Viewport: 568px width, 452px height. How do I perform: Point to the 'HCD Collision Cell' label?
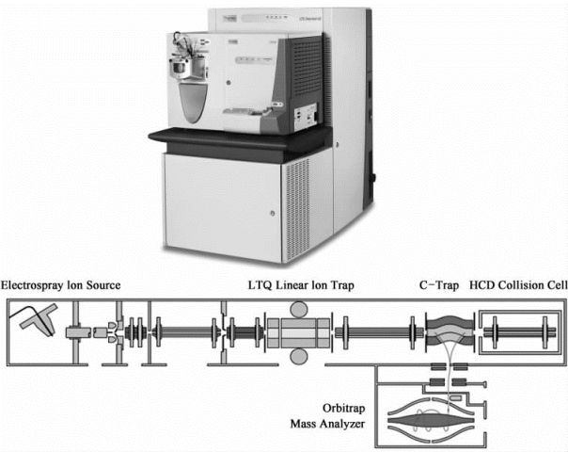tap(513, 285)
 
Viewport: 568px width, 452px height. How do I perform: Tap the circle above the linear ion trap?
tap(299, 312)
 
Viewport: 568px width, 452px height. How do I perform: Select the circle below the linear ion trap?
tap(299, 357)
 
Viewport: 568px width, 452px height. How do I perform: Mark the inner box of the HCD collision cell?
tap(518, 333)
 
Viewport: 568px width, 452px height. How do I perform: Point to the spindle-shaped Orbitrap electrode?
tap(422, 414)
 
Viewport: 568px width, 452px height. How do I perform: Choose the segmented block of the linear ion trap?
tap(299, 333)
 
